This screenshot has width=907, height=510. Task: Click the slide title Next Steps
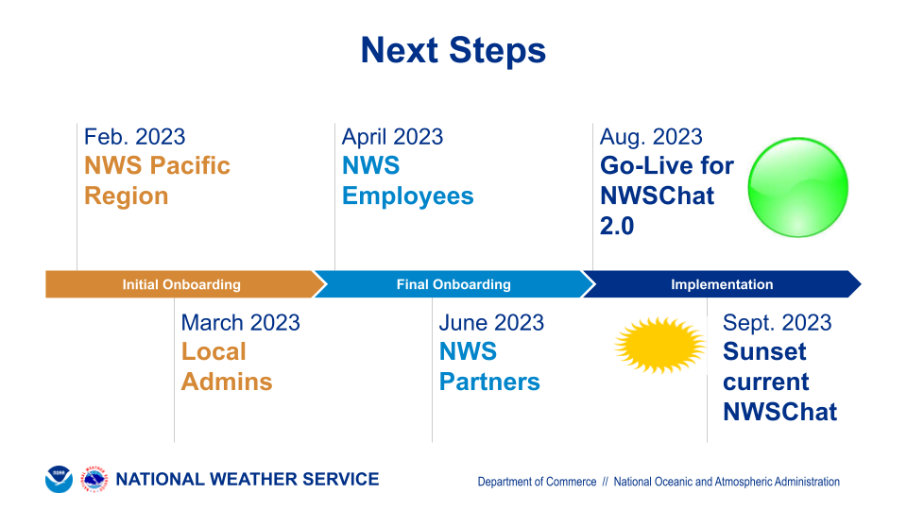pyautogui.click(x=453, y=50)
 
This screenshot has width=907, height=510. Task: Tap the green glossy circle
pyautogui.click(x=797, y=187)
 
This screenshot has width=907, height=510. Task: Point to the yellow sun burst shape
pyautogui.click(x=659, y=346)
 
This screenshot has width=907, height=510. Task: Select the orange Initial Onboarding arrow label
pyautogui.click(x=181, y=284)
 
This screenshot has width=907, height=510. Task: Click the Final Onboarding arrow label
pyautogui.click(x=453, y=284)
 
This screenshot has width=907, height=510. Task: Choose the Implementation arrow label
pyautogui.click(x=722, y=284)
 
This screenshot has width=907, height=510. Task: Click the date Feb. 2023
pyautogui.click(x=134, y=137)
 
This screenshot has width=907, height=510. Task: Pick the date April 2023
pyautogui.click(x=392, y=137)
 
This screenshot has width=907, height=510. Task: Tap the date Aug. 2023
pyautogui.click(x=651, y=137)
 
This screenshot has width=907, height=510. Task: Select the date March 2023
pyautogui.click(x=241, y=323)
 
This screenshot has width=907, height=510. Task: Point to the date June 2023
pyautogui.click(x=491, y=323)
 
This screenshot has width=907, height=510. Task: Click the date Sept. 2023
pyautogui.click(x=777, y=323)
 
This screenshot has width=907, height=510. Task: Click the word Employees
pyautogui.click(x=408, y=196)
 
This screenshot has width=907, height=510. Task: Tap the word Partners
pyautogui.click(x=489, y=382)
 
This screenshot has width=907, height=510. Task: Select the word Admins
pyautogui.click(x=227, y=382)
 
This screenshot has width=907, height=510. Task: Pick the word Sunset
pyautogui.click(x=764, y=351)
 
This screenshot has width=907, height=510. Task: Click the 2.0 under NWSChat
pyautogui.click(x=617, y=226)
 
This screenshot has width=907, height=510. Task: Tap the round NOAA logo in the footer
pyautogui.click(x=59, y=480)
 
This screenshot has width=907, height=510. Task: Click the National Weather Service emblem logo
pyautogui.click(x=94, y=480)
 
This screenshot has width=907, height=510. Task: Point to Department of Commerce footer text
pyautogui.click(x=537, y=482)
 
